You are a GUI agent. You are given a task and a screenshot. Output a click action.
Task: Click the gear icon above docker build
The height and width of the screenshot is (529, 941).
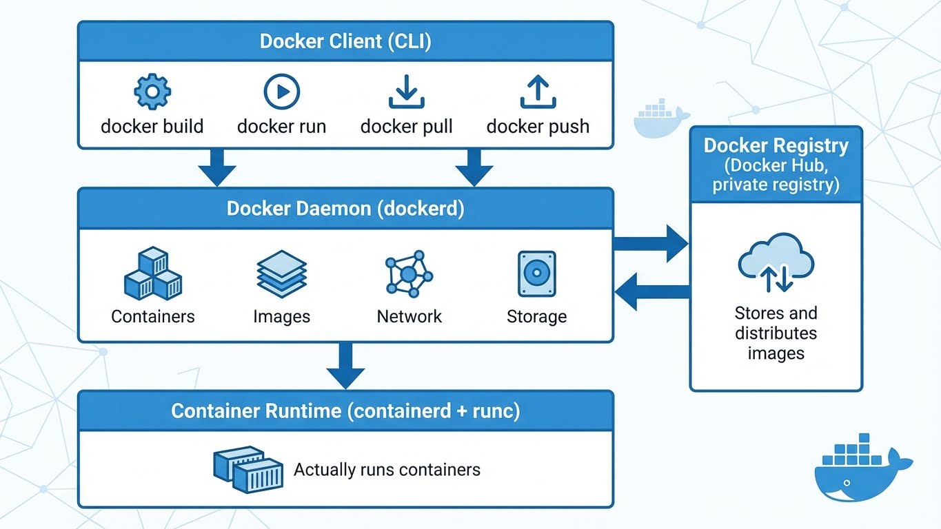(152, 92)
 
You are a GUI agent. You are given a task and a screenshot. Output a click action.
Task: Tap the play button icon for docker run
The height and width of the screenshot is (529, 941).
(281, 92)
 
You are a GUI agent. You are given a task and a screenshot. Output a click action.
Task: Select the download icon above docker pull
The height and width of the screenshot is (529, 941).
(407, 92)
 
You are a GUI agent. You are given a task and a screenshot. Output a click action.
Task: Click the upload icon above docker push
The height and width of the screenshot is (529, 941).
(538, 92)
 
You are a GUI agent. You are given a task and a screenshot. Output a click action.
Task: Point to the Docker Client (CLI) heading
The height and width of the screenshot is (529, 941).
(345, 41)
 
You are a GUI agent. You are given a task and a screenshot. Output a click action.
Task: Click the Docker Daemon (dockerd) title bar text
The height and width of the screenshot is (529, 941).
(345, 209)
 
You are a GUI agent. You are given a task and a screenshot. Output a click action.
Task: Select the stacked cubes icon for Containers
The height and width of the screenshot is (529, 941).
(152, 274)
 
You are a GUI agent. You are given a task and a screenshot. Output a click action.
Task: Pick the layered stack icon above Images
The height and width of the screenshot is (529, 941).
(281, 273)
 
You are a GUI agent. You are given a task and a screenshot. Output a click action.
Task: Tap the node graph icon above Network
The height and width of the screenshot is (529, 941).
(409, 274)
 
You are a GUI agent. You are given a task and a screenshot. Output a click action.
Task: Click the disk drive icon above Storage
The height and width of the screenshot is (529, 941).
(536, 273)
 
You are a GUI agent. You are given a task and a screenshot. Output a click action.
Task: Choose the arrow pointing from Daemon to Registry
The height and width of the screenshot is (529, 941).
(651, 243)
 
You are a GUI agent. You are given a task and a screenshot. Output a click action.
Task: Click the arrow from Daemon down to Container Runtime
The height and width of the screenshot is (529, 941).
(345, 365)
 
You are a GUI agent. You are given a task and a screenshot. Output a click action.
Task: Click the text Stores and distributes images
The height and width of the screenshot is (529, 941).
(776, 333)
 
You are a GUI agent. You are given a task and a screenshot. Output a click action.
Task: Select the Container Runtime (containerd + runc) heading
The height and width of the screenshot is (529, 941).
(345, 411)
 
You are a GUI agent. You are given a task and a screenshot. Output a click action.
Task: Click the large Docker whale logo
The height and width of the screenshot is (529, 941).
(862, 470)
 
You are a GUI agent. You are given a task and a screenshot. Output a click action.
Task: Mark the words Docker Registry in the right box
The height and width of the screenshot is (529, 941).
(776, 146)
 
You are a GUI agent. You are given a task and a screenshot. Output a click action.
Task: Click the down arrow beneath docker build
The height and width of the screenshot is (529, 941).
(216, 167)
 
